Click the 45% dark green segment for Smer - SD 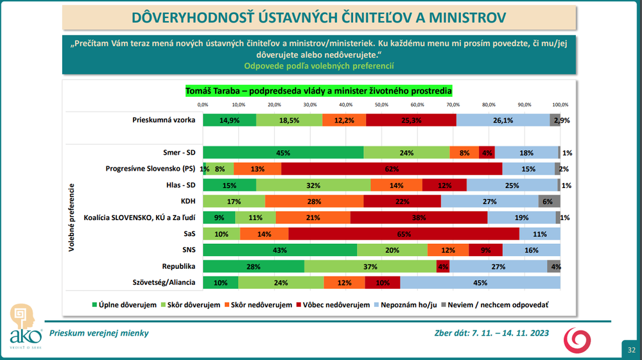click(283, 153)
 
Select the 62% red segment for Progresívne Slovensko click(392, 169)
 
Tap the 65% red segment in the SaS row click(404, 234)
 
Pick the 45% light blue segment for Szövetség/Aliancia click(480, 282)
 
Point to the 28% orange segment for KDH click(314, 201)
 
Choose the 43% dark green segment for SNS click(280, 250)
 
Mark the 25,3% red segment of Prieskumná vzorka click(411, 120)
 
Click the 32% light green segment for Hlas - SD click(313, 185)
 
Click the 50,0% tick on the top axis click(382, 104)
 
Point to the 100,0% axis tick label click(560, 104)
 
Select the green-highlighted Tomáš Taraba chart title click(318, 90)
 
